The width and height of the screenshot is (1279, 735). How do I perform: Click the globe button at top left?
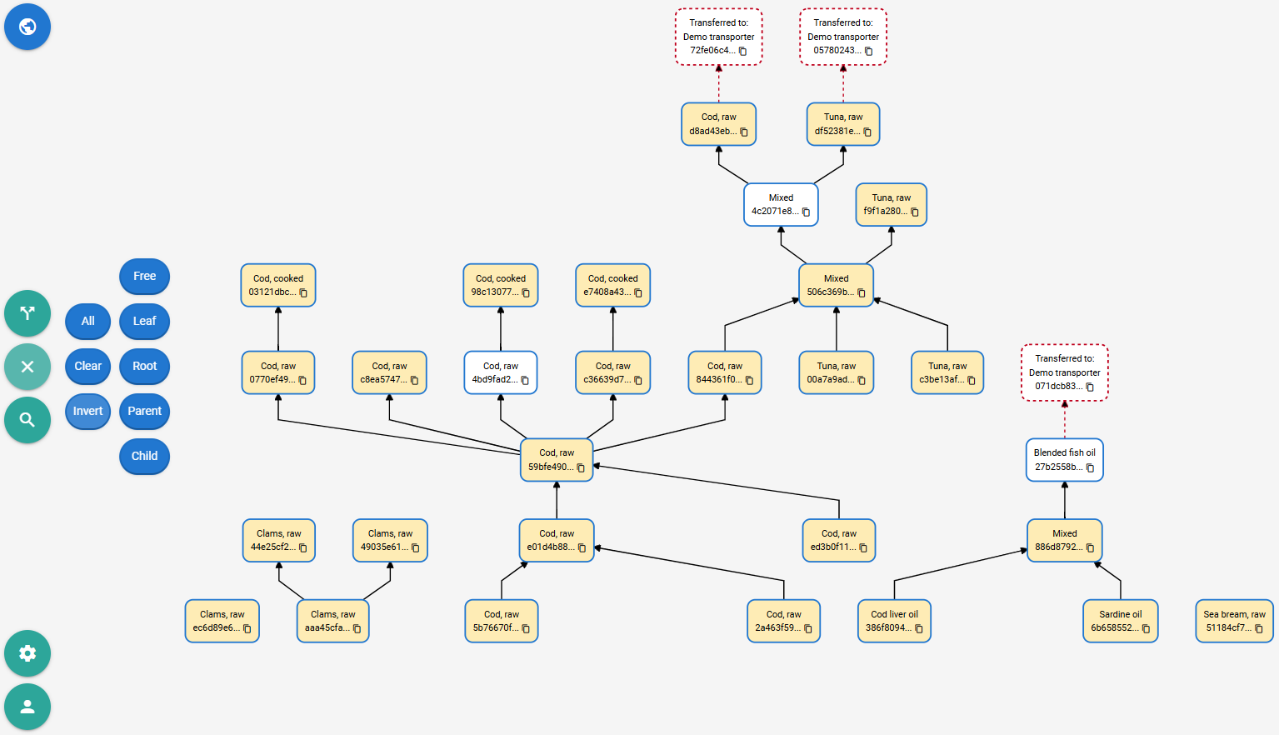point(27,27)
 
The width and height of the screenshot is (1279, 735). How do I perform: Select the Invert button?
point(88,411)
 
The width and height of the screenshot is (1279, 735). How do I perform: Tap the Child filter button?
point(144,457)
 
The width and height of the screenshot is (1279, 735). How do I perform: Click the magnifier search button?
point(27,420)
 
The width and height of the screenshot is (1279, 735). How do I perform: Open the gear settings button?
point(27,653)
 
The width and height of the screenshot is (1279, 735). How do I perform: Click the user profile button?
point(27,707)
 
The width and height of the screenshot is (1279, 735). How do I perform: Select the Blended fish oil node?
point(1064,460)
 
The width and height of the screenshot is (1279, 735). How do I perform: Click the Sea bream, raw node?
point(1235,621)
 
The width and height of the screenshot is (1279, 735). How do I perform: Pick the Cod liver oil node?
point(894,621)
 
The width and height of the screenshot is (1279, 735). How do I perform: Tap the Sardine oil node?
point(1120,621)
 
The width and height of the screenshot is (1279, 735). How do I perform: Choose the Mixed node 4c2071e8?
point(781,204)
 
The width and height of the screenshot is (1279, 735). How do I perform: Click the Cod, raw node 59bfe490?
point(557,460)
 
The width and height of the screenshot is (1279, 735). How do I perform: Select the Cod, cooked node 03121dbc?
point(278,285)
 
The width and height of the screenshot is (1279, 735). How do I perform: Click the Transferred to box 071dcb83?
point(1064,372)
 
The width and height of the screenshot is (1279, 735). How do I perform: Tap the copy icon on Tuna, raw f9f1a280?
point(915,212)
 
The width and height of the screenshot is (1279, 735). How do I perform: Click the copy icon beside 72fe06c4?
point(743,52)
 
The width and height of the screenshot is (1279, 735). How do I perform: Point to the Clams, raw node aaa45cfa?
point(333,621)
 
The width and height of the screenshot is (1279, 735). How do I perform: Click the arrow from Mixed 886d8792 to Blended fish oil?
point(1064,500)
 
